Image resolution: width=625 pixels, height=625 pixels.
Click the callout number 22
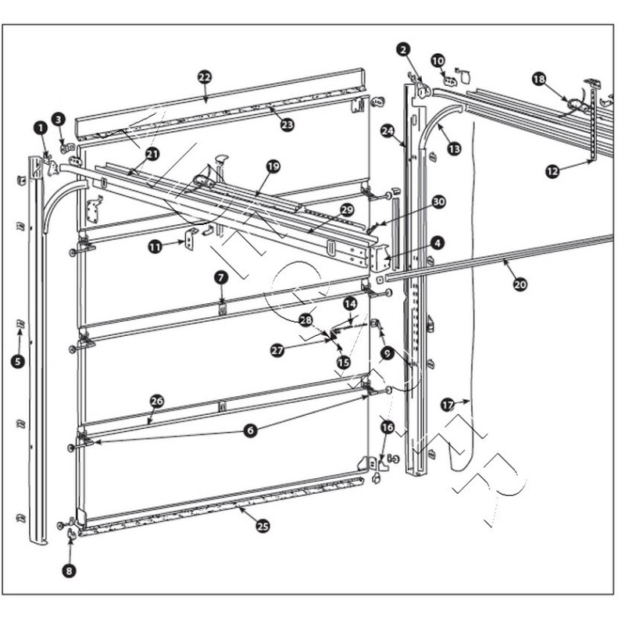click(205, 77)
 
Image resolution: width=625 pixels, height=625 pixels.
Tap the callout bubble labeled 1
click(39, 126)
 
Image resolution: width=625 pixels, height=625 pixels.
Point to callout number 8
click(70, 571)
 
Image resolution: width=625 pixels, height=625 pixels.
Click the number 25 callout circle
click(262, 526)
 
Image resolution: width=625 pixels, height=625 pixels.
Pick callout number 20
click(520, 284)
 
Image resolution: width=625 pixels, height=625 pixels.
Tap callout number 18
click(539, 79)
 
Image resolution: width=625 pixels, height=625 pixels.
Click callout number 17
click(448, 405)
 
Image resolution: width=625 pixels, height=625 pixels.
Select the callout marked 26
click(157, 401)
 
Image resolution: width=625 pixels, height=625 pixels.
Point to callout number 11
click(155, 246)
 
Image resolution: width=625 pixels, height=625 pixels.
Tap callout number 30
click(438, 202)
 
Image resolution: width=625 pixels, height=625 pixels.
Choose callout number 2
click(403, 50)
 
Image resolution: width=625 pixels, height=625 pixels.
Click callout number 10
click(437, 59)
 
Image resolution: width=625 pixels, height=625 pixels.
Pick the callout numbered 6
click(249, 430)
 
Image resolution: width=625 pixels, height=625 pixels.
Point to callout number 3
click(59, 119)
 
